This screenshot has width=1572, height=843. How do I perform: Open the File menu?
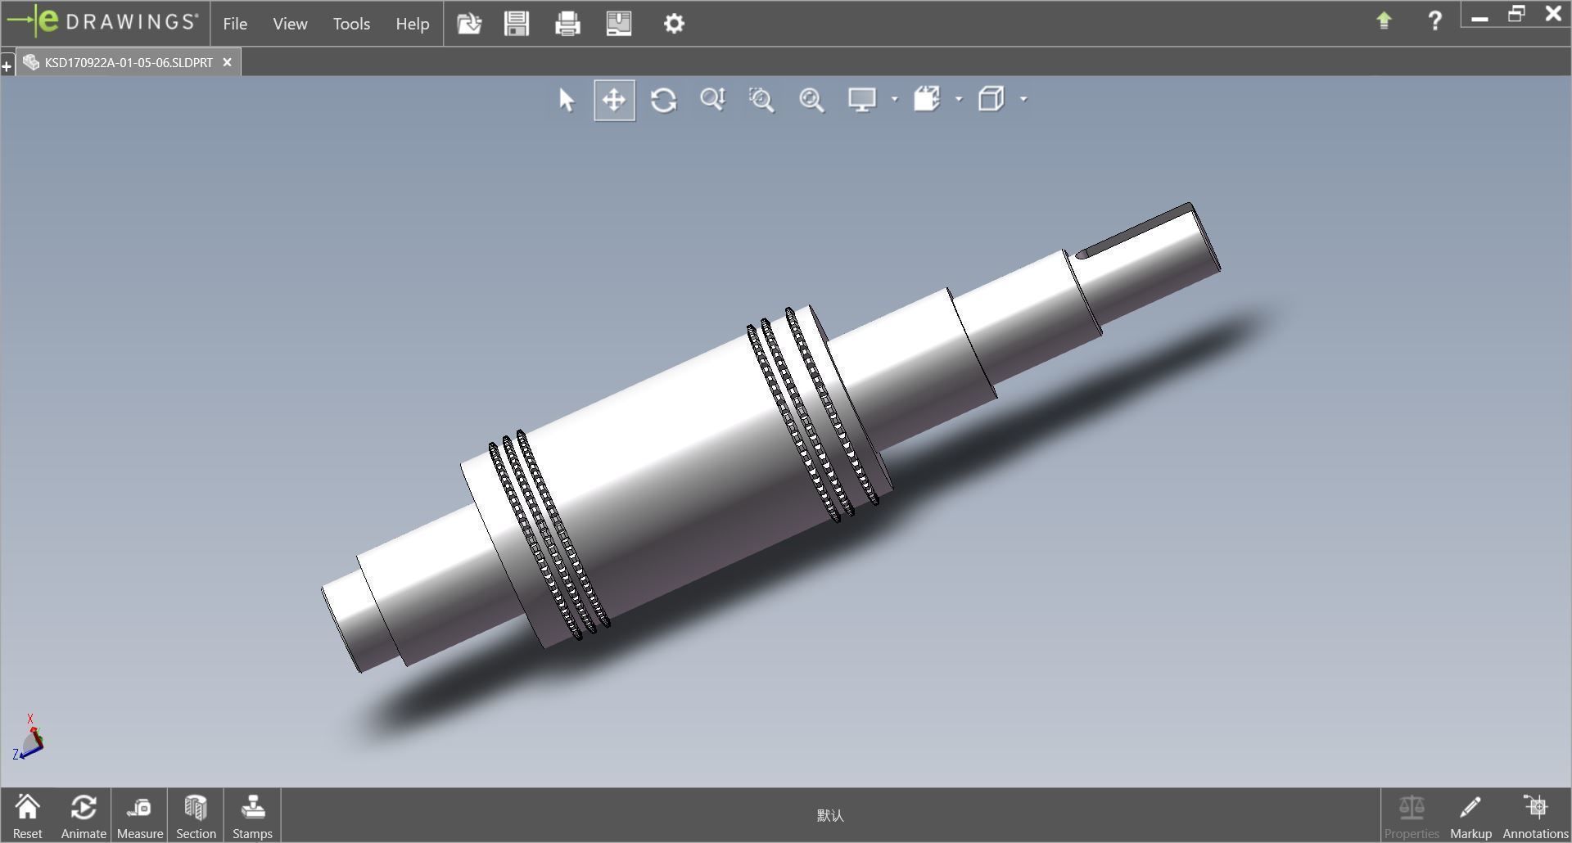coord(235,24)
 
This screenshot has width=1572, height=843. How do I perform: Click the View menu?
coord(290,24)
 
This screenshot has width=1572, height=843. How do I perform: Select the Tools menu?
coord(351,24)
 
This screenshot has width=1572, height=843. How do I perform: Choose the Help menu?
coord(412,24)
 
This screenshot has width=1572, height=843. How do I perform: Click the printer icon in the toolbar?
coord(567,23)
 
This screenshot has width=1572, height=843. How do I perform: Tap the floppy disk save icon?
coord(517,23)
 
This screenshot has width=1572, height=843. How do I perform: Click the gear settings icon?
coord(674,23)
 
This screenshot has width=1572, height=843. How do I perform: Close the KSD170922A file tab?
coord(228,62)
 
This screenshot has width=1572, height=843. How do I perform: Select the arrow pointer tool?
coord(566,100)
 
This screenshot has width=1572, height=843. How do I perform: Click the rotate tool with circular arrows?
coord(663,100)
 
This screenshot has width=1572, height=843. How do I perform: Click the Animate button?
coord(84,816)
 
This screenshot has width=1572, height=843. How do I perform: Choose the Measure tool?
coord(139,816)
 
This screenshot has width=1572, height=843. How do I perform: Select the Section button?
coord(196,816)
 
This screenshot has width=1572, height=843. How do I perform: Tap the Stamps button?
coord(252,816)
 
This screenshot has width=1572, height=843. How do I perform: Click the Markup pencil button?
coord(1470,816)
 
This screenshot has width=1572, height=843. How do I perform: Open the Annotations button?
coord(1535,816)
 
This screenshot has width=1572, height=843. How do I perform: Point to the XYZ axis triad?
coord(29,739)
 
